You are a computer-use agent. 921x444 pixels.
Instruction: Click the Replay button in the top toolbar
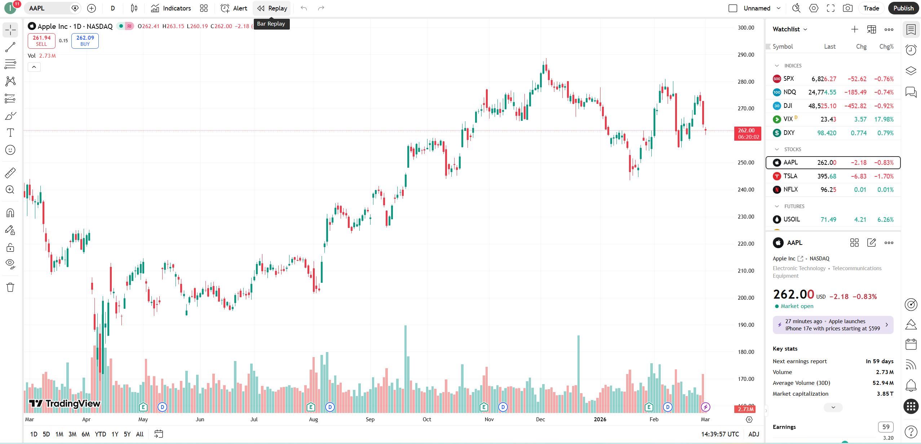coord(272,8)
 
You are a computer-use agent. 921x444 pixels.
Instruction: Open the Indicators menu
coord(171,8)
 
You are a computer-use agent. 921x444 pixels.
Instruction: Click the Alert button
coord(234,8)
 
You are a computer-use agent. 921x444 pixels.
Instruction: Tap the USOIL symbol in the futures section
coord(791,219)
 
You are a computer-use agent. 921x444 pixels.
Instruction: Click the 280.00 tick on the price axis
coord(745,82)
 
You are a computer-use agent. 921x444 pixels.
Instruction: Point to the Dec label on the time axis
coord(540,419)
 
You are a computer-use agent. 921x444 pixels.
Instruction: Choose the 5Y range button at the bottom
coord(127,434)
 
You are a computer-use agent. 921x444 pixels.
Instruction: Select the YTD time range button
coord(100,434)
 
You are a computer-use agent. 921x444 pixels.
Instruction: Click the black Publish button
coord(903,8)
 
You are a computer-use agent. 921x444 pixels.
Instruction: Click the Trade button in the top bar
coord(871,8)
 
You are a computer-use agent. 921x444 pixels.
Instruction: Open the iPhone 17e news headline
coord(832,325)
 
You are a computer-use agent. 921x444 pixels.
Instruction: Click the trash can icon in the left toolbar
coord(10,287)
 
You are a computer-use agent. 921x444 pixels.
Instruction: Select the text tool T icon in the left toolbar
coord(10,133)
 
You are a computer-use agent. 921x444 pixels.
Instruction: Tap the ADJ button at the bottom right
coord(753,434)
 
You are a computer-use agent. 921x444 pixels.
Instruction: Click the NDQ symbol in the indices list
coord(789,92)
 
